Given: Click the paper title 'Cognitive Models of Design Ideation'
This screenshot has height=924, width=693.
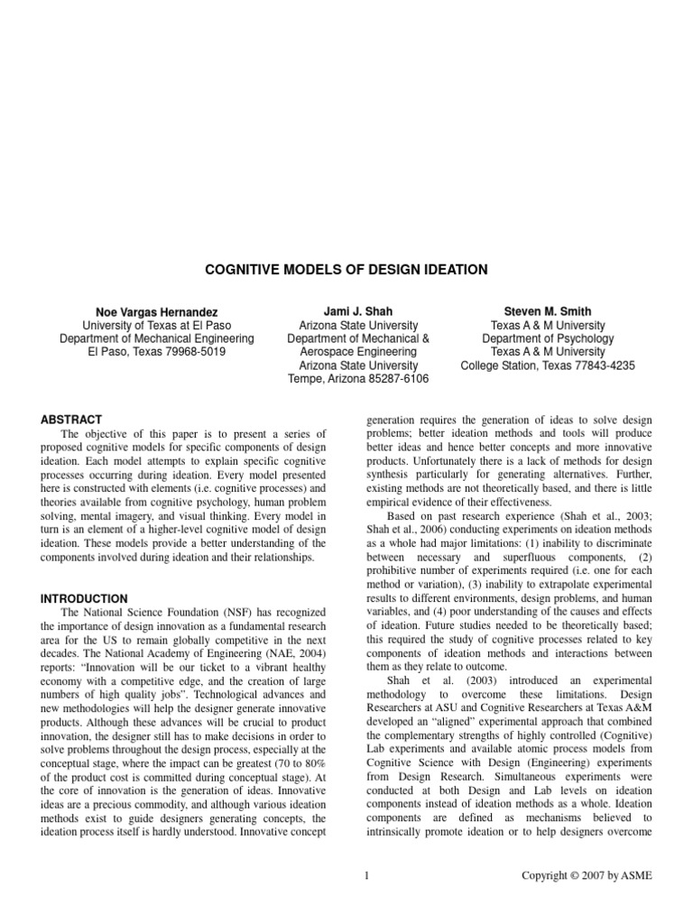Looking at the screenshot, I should pyautogui.click(x=346, y=270).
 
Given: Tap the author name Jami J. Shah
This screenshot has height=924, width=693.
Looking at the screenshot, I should pyautogui.click(x=357, y=310).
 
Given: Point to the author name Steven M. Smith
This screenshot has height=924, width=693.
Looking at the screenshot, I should pyautogui.click(x=548, y=310).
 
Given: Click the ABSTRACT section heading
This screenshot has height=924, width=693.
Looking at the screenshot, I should pyautogui.click(x=72, y=420).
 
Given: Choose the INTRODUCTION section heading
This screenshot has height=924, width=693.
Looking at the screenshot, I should pyautogui.click(x=85, y=598).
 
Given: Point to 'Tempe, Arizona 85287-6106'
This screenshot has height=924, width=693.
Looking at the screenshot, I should pyautogui.click(x=357, y=379).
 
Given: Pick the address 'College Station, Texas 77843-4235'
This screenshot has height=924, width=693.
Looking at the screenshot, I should pyautogui.click(x=548, y=365).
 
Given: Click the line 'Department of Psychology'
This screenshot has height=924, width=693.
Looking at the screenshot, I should pyautogui.click(x=548, y=338).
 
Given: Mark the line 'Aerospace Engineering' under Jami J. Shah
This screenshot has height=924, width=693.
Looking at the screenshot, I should pyautogui.click(x=357, y=352).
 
